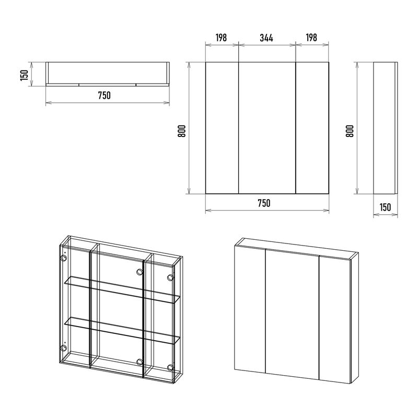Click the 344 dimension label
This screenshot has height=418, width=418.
coord(266,38)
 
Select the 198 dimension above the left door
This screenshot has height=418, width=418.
coord(221,38)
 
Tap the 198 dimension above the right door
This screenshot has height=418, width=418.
coord(311,38)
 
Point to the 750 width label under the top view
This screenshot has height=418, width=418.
coord(104,95)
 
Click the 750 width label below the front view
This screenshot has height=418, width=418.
coord(264,203)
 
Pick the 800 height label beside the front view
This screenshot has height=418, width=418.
coord(181,131)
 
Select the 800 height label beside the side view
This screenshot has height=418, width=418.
coord(350,131)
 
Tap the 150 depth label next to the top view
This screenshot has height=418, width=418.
coord(24,75)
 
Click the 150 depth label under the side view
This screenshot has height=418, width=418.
coord(385,207)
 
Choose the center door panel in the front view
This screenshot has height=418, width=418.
coord(267,128)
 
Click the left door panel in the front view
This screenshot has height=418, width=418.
coord(222,128)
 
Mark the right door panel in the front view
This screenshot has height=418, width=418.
coord(312,128)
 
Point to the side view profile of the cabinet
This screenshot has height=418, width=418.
coord(386,128)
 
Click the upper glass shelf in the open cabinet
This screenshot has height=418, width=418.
coord(122,290)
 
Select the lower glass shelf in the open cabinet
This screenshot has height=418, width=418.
coord(122,331)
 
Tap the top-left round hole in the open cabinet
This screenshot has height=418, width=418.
coord(63,258)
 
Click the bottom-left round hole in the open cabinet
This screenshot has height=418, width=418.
coord(63,347)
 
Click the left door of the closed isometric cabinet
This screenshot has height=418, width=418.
coord(250,309)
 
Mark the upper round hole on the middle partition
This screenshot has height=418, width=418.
coord(140,272)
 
